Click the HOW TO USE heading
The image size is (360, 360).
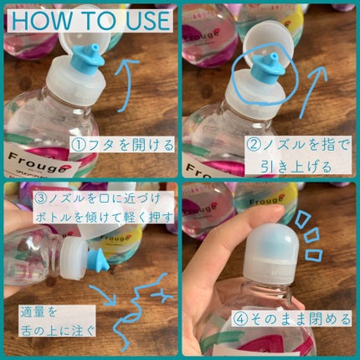pos(90,21)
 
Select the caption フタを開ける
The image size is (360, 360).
pos(121,144)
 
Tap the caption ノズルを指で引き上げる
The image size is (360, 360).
pos(296,156)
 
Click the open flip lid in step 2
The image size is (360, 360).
pos(269,49)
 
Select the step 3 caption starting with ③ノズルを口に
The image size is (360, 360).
pos(103,207)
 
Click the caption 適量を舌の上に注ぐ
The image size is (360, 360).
pos(57,321)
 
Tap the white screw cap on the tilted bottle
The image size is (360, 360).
pos(74,260)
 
